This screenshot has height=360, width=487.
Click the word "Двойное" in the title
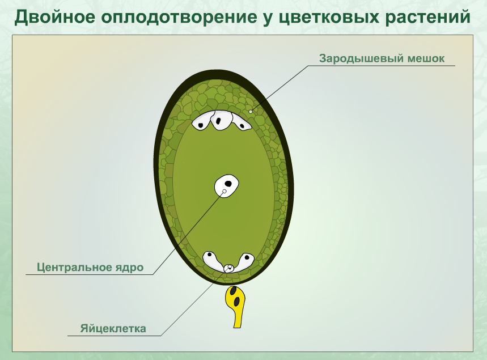click(x=54, y=17)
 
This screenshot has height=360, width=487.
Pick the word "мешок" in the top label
click(x=426, y=58)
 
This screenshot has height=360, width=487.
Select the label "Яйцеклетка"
click(x=113, y=328)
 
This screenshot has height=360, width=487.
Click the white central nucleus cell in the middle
click(x=226, y=185)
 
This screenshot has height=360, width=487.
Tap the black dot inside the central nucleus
click(x=228, y=183)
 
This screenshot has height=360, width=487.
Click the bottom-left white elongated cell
click(x=213, y=261)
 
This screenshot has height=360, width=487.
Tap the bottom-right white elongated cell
click(x=245, y=261)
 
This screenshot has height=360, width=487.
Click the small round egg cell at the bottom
click(x=229, y=268)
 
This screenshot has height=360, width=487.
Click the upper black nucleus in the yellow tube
click(x=232, y=291)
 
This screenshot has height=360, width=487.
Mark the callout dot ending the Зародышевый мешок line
click(x=251, y=112)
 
